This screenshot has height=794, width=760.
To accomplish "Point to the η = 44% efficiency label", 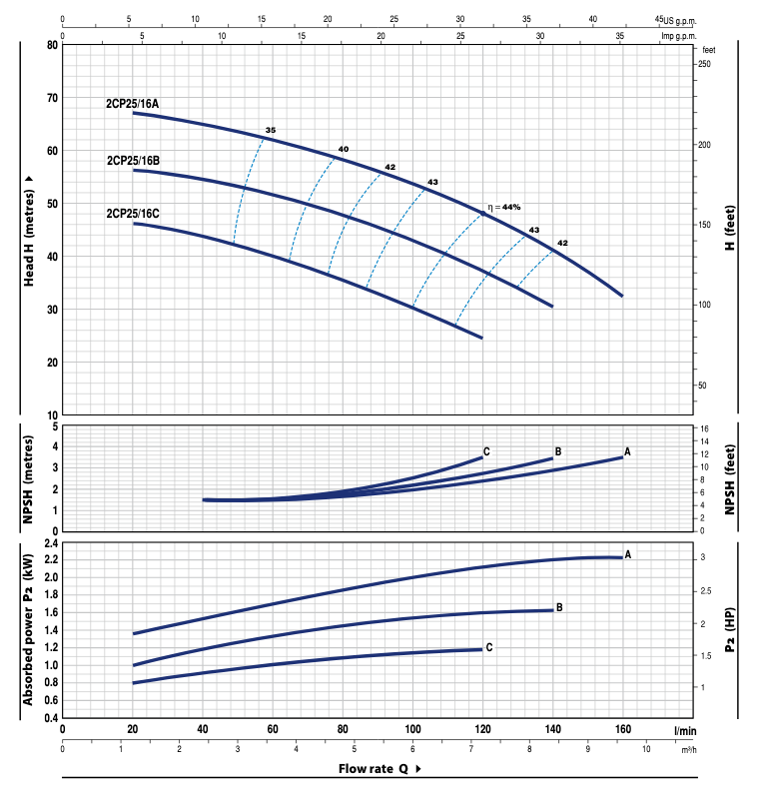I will pyautogui.click(x=504, y=207).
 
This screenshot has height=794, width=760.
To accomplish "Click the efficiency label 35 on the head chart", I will pyautogui.click(x=270, y=131).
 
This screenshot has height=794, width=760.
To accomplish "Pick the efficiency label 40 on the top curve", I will pyautogui.click(x=344, y=150).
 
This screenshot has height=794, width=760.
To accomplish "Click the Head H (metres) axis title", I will pyautogui.click(x=29, y=229).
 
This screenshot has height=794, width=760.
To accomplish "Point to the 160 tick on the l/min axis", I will pyautogui.click(x=623, y=731).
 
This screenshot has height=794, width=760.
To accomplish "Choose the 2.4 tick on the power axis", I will pyautogui.click(x=51, y=542).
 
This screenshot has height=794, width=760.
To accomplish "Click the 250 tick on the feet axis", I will pyautogui.click(x=704, y=64).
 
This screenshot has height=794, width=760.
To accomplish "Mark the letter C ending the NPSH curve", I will pyautogui.click(x=486, y=452).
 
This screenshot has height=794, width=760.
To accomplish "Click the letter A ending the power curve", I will pyautogui.click(x=628, y=553).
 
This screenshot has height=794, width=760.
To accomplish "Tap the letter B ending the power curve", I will pyautogui.click(x=559, y=607).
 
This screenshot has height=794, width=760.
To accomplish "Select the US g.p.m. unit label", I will pyautogui.click(x=680, y=20).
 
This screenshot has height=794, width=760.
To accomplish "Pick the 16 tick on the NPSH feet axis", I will pyautogui.click(x=704, y=428).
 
